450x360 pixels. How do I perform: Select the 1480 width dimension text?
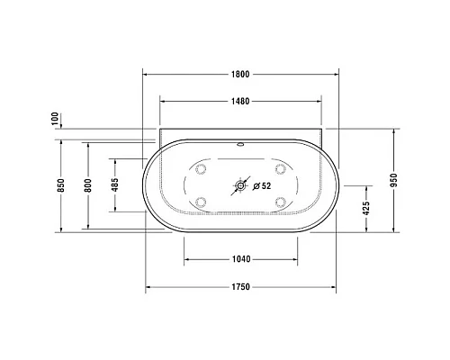pos(239,101)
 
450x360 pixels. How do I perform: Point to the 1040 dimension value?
pos(239,259)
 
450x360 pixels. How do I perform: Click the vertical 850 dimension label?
pos(60,186)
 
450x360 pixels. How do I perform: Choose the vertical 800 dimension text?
pos(87,186)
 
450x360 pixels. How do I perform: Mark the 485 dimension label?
pos(114,186)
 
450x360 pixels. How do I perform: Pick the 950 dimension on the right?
pos(393,179)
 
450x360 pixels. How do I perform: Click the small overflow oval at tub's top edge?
pos(240,143)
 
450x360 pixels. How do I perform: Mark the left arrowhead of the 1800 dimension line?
pos(146,76)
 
